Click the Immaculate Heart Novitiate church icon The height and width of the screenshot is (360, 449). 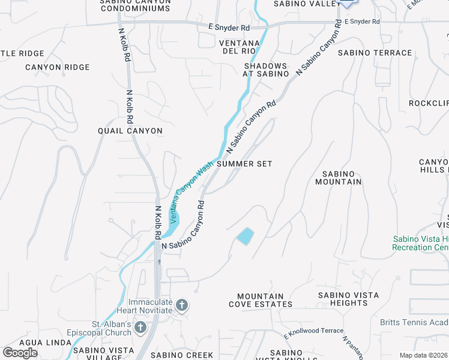[x=181, y=306]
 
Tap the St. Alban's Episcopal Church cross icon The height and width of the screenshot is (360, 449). [x=140, y=327]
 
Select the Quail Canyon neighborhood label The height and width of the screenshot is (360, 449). [x=130, y=131]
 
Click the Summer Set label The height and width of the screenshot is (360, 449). [x=244, y=164]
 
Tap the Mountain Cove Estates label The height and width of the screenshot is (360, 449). [x=261, y=300]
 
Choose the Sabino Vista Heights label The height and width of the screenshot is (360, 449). [x=348, y=299]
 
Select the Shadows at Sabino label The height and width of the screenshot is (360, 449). [x=265, y=70]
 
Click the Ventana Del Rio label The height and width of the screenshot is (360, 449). [x=239, y=47]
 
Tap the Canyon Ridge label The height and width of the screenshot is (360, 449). [x=58, y=67]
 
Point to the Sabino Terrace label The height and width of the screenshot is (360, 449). [x=375, y=53]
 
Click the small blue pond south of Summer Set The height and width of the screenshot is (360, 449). [x=245, y=236]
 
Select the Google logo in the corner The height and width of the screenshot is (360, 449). [x=20, y=352]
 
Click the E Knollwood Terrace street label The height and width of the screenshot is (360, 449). [x=313, y=331]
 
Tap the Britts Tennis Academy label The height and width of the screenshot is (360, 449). [x=414, y=322]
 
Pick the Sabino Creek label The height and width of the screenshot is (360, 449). [x=181, y=355]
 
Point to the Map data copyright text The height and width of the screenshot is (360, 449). [x=423, y=355]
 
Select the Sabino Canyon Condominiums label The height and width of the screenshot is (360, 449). [x=136, y=6]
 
